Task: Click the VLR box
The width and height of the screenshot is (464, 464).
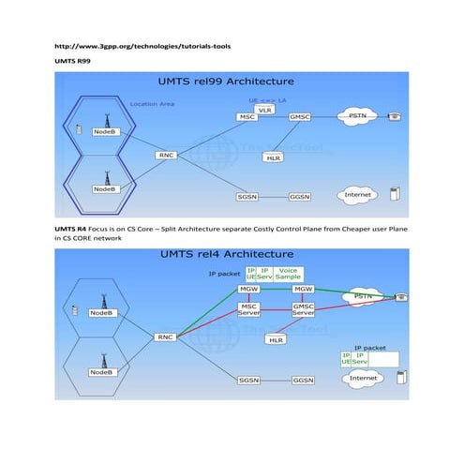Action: tap(264, 110)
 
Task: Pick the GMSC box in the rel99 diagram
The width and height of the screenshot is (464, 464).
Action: tap(300, 117)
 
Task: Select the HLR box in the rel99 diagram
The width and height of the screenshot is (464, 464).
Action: tap(274, 157)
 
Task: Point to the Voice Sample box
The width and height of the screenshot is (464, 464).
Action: tap(289, 275)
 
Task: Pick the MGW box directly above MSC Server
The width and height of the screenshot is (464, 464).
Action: tap(249, 291)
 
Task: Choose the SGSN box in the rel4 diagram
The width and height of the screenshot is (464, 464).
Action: tap(248, 381)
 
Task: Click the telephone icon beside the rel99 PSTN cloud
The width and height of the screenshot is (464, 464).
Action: tap(396, 116)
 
